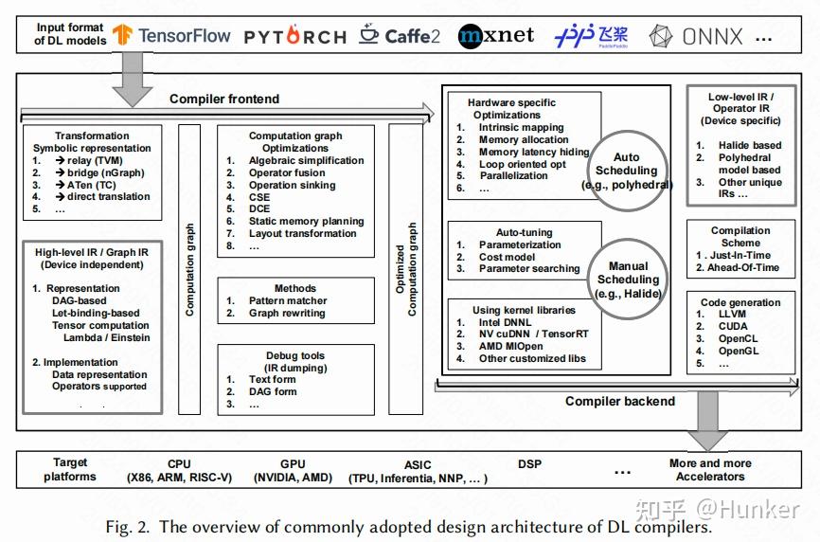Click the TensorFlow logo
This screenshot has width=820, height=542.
pyautogui.click(x=171, y=36)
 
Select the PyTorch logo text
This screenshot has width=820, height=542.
pyautogui.click(x=294, y=37)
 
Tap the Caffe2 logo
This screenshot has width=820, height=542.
pyautogui.click(x=400, y=36)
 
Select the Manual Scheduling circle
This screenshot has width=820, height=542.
pyautogui.click(x=628, y=280)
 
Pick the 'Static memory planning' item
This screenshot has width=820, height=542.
pyautogui.click(x=302, y=221)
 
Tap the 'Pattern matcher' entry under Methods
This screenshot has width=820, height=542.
pyautogui.click(x=288, y=300)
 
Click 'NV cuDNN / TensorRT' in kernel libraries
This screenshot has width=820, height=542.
pyautogui.click(x=533, y=334)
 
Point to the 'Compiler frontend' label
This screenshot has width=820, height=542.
pyautogui.click(x=224, y=99)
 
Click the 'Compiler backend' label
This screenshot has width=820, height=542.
pyautogui.click(x=620, y=401)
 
